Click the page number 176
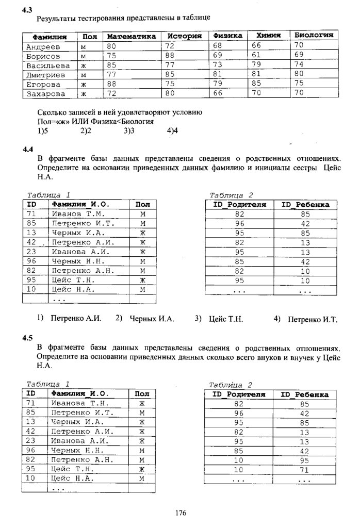pyautogui.click(x=180, y=513)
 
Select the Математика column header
pyautogui.click(x=131, y=37)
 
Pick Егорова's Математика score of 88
pyautogui.click(x=111, y=84)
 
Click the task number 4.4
pyautogui.click(x=28, y=150)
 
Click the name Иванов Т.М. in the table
pyautogui.click(x=78, y=214)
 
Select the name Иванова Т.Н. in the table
pyautogui.click(x=80, y=403)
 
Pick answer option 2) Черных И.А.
pyautogui.click(x=145, y=319)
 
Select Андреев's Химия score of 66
pyautogui.click(x=256, y=46)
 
